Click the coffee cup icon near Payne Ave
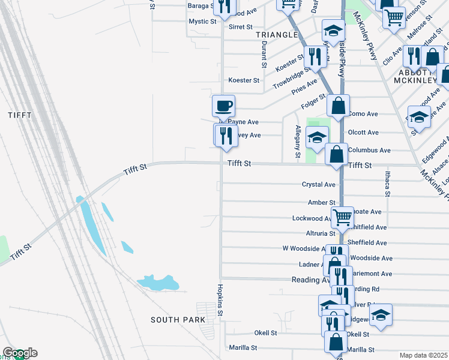223,106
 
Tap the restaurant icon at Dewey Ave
224,135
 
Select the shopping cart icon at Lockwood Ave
342,217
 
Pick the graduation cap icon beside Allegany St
318,137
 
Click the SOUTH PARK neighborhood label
177,320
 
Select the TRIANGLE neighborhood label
277,35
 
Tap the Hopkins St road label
220,300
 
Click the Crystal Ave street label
318,185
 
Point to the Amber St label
321,203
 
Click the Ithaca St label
387,184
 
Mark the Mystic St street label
202,22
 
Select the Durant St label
264,58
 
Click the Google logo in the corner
19,353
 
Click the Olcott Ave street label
363,132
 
